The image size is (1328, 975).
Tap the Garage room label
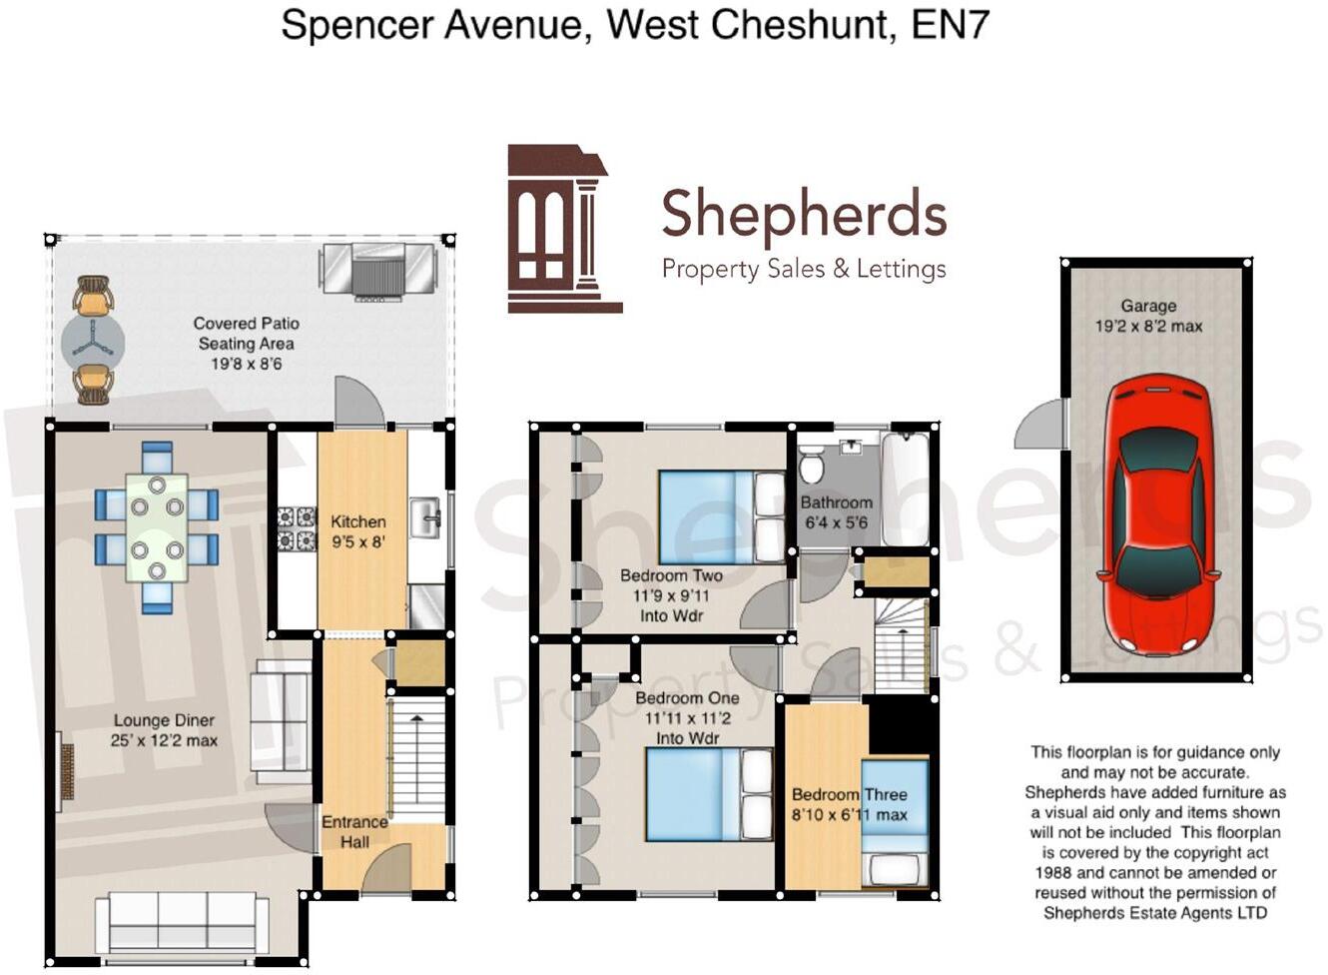1148,307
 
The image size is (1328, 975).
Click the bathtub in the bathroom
906,487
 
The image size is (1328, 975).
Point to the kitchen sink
429,515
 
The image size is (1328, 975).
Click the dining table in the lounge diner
157,527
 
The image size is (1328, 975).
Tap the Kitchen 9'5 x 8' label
358,531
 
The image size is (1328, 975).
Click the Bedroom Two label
671,575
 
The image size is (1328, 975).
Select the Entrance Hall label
354,831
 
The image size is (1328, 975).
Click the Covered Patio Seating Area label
247,343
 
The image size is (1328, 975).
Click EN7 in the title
950,24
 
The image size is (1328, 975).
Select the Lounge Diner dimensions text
164,741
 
